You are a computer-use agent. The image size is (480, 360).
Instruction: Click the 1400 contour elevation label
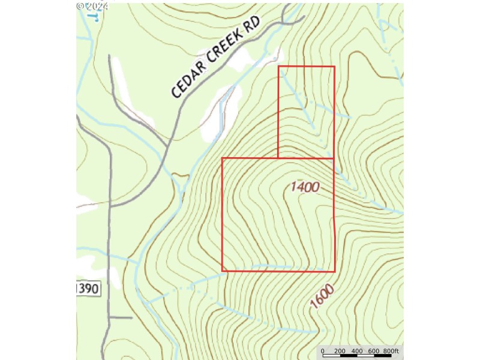pos(305,187)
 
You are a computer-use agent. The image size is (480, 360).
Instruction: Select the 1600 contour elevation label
pos(322,296)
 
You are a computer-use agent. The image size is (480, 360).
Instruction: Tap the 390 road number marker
pos(88,289)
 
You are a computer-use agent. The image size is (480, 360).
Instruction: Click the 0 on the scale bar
pos(323,351)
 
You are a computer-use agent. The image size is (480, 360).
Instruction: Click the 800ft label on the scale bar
pos(391,351)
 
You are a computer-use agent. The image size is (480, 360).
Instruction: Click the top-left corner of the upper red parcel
pos(279,67)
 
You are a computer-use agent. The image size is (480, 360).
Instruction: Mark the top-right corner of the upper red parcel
pos(334,67)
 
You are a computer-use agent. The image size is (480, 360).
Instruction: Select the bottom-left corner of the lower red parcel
pos(223,271)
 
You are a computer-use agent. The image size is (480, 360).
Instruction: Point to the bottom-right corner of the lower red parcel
pos(334,271)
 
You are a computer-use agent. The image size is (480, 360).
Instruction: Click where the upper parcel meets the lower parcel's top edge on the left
pos(279,158)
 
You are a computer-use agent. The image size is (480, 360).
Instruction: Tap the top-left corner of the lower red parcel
pos(223,158)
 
